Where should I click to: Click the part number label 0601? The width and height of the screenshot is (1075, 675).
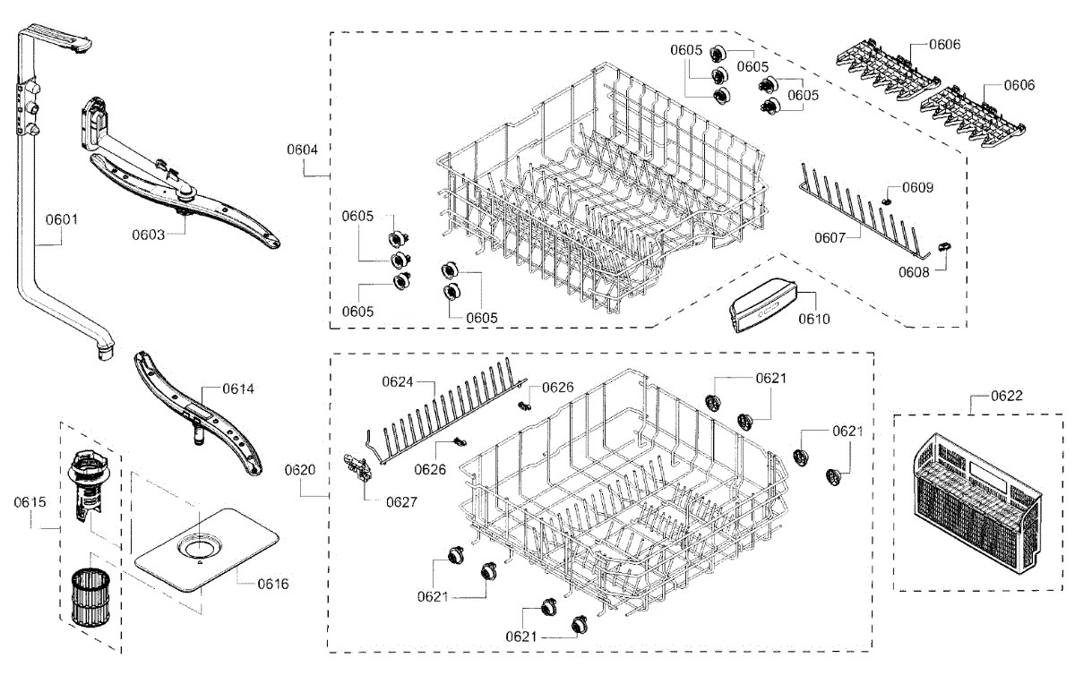click(x=63, y=217)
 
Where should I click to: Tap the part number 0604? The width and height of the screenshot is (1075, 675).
click(x=302, y=150)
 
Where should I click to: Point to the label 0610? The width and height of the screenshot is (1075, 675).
click(x=813, y=319)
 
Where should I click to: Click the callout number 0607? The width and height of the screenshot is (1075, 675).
click(x=830, y=238)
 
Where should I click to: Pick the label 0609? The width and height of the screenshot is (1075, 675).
click(x=917, y=188)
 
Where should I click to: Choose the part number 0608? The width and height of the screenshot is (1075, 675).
click(x=914, y=272)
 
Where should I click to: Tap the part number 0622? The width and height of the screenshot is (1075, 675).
click(x=1006, y=395)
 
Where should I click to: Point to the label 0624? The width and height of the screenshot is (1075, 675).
click(x=398, y=381)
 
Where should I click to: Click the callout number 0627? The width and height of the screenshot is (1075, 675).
click(x=402, y=502)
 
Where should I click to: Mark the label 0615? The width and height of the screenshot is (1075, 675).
click(x=29, y=502)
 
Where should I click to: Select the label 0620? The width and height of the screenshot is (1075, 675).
click(x=300, y=470)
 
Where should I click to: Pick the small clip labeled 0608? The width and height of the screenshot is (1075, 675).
click(x=942, y=245)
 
